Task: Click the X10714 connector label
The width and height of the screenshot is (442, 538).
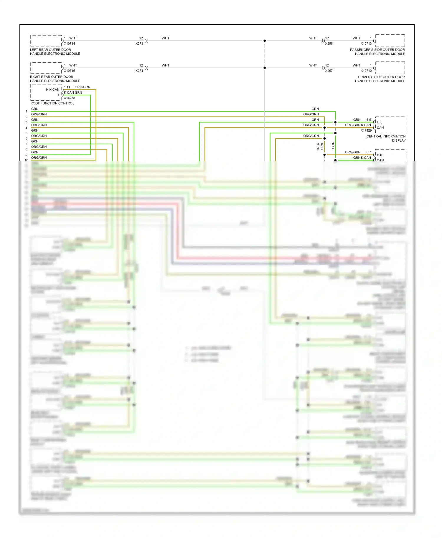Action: pos(70,44)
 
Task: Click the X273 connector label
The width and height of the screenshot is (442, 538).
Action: pos(139,44)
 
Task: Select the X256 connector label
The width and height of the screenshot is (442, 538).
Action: pos(329,44)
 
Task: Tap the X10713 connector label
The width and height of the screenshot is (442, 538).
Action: pos(366,44)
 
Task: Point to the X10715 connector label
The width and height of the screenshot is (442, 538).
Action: pos(70,71)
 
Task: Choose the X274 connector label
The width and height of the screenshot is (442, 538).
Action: pos(139,71)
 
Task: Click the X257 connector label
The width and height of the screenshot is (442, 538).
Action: pos(329,71)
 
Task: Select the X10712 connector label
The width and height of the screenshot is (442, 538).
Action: pos(366,71)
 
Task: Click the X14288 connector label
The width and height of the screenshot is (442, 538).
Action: pos(70,98)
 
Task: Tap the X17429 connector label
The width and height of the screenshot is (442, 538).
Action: pos(366,130)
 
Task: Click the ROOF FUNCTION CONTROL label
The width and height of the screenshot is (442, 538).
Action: pos(52,103)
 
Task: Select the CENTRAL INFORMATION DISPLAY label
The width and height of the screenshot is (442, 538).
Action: pos(386,138)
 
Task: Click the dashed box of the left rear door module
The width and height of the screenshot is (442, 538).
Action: pos(46,41)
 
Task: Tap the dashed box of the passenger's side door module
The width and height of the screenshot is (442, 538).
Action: pos(390,41)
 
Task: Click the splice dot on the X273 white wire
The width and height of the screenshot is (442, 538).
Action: pos(265,41)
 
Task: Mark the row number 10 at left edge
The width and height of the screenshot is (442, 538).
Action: pos(27,160)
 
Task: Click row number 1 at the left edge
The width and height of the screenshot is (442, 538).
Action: pos(27,111)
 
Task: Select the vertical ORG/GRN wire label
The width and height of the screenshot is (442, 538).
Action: pos(320,147)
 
